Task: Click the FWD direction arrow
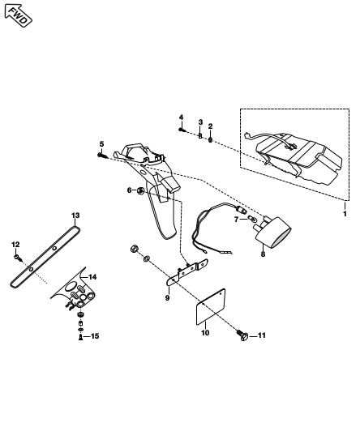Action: (x=18, y=15)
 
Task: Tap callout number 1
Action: (x=345, y=214)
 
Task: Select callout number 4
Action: (x=181, y=117)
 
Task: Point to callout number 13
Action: (x=75, y=216)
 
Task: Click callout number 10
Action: (x=205, y=333)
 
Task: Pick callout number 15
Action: (x=95, y=336)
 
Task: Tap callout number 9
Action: (x=167, y=298)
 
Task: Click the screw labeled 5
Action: (x=103, y=156)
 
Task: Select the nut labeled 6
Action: (x=140, y=191)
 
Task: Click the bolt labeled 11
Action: (x=242, y=335)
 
